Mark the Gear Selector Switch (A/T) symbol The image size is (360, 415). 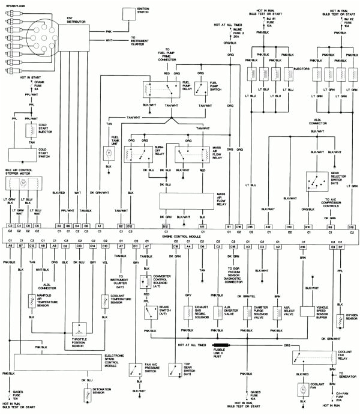click(x=313, y=179)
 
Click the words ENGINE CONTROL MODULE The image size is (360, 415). click(x=179, y=238)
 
